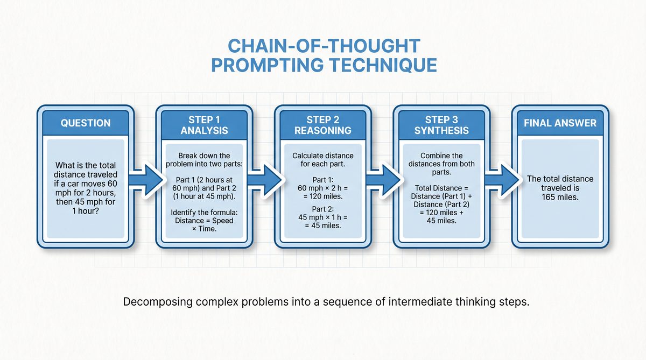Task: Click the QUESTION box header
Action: [x=86, y=123]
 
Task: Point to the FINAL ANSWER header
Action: [x=560, y=123]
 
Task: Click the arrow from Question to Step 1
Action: [x=144, y=177]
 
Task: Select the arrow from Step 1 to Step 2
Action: [x=263, y=177]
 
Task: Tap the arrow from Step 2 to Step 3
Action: [x=382, y=177]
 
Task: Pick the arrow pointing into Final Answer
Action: [x=501, y=177]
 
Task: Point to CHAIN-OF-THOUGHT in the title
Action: [x=323, y=45]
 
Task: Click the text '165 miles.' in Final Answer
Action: [x=560, y=197]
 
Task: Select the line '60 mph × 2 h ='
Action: [x=323, y=187]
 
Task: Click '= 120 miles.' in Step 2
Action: [x=323, y=197]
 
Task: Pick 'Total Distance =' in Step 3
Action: [x=441, y=188]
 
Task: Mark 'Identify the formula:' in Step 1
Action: [x=204, y=213]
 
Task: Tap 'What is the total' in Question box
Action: [x=86, y=165]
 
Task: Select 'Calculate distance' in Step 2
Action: [x=323, y=155]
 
